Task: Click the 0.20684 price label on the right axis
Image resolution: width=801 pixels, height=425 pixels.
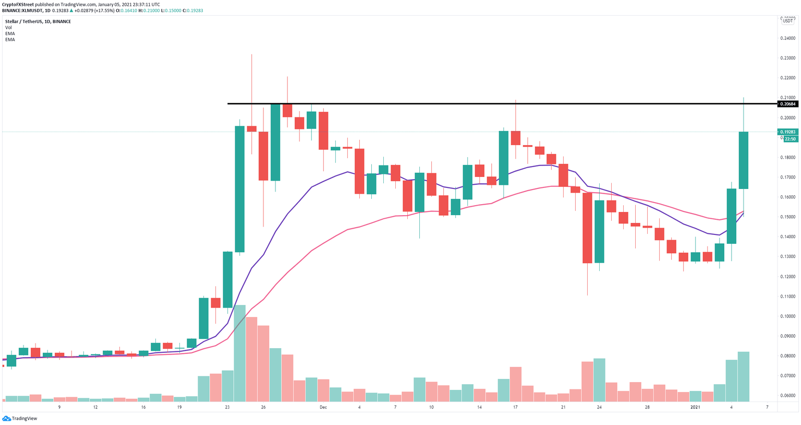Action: point(788,104)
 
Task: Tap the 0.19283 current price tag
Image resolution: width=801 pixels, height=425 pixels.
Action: point(788,133)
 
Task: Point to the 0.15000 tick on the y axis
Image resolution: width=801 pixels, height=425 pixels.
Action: point(788,217)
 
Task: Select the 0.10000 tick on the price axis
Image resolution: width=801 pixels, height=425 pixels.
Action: point(788,316)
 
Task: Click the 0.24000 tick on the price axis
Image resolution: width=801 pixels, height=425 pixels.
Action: point(788,39)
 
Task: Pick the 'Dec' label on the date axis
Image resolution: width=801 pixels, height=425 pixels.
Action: point(323,407)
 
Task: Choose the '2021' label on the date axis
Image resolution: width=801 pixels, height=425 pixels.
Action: point(695,407)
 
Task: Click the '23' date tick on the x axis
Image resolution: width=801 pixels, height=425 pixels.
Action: point(227,407)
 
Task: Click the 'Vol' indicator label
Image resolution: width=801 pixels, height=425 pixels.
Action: point(8,28)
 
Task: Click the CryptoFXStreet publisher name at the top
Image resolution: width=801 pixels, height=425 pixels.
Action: point(18,4)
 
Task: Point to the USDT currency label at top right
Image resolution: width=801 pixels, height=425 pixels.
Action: point(787,21)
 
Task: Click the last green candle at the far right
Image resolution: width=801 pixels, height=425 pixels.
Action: point(744,160)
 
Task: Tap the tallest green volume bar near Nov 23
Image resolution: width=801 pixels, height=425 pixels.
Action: point(239,353)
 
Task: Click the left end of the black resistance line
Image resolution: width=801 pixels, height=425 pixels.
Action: point(229,103)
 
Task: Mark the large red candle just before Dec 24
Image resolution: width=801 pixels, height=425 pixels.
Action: point(587,228)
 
